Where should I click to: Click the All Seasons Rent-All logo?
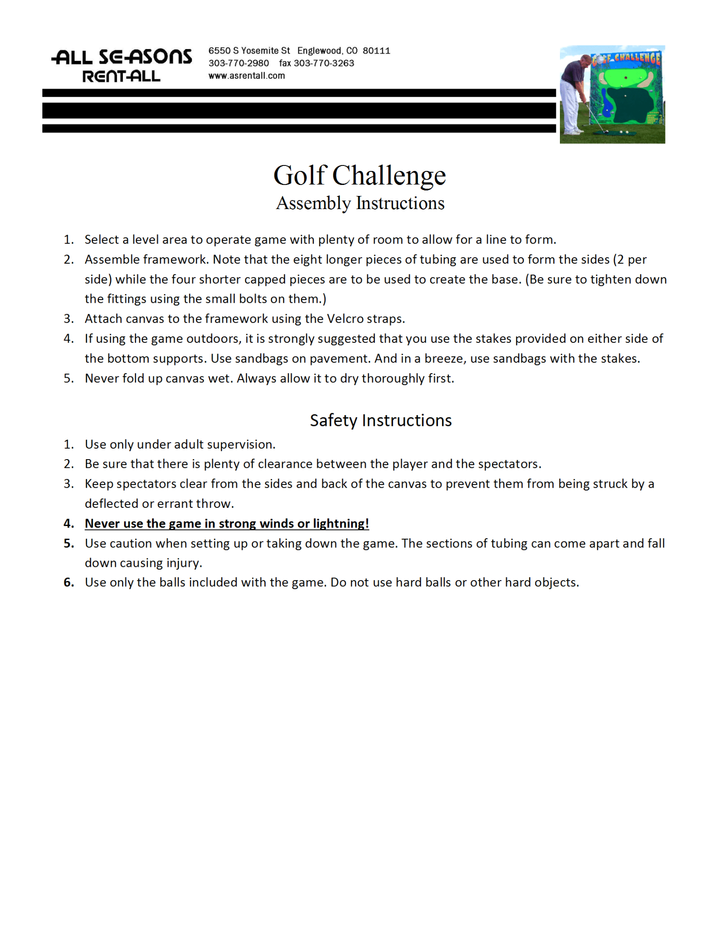pos(122,65)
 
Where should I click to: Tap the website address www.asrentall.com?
pos(247,76)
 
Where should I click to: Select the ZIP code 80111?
pos(376,51)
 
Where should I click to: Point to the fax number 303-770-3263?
pos(323,63)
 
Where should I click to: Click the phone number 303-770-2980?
pos(238,63)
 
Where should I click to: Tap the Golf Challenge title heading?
pos(359,175)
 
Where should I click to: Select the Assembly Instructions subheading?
pos(360,203)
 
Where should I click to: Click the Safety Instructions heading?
pos(381,420)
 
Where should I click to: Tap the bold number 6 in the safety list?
pos(69,582)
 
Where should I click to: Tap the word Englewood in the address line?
pos(319,51)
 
